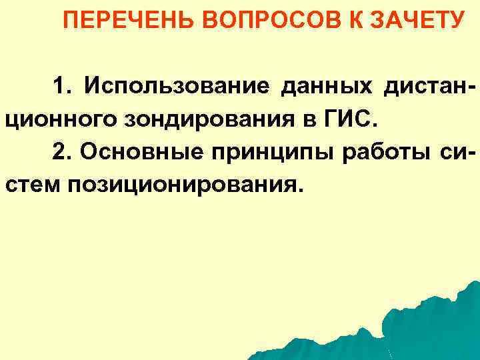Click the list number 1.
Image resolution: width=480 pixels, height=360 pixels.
pos(63,86)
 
